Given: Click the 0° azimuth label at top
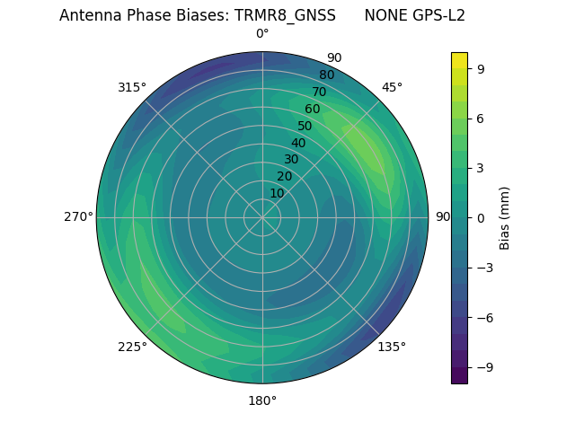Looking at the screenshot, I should [x=262, y=34].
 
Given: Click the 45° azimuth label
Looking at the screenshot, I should [x=392, y=87].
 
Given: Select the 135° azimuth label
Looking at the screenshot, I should [x=392, y=347].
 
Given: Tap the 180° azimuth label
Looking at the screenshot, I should [x=262, y=400].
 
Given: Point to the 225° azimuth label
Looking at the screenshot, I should [x=132, y=347].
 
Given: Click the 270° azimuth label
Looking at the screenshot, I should [x=78, y=217].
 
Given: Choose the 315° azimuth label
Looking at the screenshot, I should [x=132, y=87].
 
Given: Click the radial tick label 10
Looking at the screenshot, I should [x=277, y=193].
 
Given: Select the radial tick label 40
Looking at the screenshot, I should [x=298, y=143].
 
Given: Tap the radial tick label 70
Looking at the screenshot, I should [x=319, y=92].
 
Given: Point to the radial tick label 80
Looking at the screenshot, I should [x=326, y=75].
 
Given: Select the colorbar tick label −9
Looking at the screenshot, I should [x=483, y=367].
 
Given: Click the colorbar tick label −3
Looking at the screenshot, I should [x=483, y=268].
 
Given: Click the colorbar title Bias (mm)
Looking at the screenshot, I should [x=505, y=217].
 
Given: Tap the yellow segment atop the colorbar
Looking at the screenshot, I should [x=459, y=60].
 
